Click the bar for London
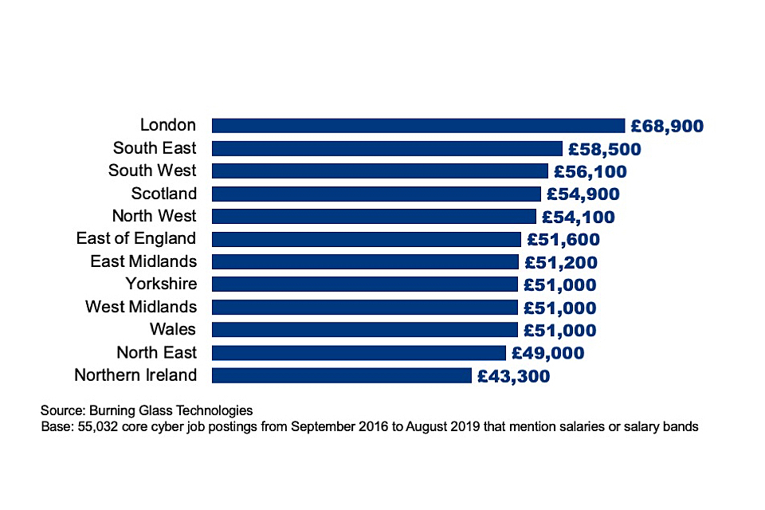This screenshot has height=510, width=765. pos(418,125)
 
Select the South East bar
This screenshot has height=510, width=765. pos(387,148)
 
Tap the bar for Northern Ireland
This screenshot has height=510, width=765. pos(341,375)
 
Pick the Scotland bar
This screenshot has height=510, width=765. pos(376,194)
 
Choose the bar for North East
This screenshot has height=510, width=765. pos(359,353)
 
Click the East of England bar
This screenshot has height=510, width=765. pos(366,239)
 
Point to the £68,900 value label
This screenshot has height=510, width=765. pos(667,126)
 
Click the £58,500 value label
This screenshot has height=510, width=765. pos(604,149)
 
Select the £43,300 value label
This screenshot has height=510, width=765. pos(513,376)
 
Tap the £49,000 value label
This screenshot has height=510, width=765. pos(547,353)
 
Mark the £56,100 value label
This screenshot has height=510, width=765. pos(590,171)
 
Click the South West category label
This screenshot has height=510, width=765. pos(152,171)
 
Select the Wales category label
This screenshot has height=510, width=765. pos(173,329)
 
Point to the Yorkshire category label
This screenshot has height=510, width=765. pos(161,284)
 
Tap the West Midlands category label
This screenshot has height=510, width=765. pos(141,307)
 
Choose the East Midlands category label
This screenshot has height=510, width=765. pos(143,261)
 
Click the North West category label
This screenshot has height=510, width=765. pos(154,216)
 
